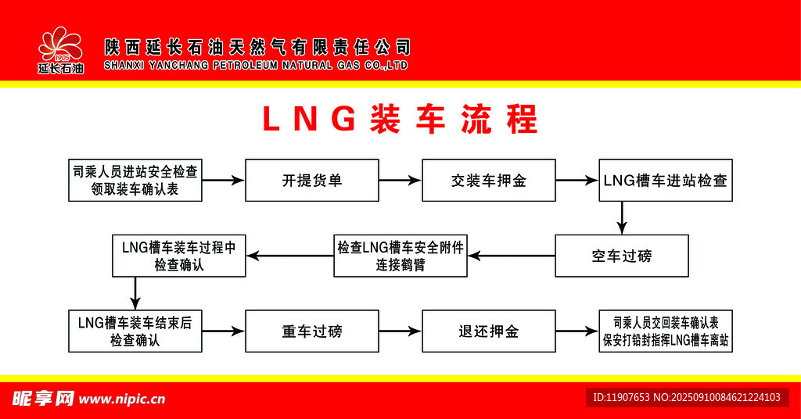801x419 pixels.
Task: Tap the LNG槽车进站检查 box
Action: click(x=666, y=181)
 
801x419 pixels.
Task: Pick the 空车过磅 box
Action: click(x=622, y=256)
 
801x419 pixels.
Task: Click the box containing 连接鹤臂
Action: click(x=400, y=256)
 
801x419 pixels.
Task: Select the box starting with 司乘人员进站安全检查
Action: click(x=135, y=181)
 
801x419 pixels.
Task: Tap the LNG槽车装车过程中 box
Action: click(x=179, y=256)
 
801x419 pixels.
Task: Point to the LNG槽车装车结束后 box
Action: click(x=135, y=331)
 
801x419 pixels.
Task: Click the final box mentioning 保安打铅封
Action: click(x=666, y=331)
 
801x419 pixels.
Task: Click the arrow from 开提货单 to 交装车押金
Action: click(x=400, y=181)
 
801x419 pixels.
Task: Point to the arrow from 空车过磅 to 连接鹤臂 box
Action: click(x=512, y=256)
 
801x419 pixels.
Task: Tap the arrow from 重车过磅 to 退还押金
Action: click(x=400, y=331)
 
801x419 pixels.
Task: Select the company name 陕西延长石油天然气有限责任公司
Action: click(x=257, y=48)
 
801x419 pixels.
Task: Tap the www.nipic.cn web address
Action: click(x=123, y=399)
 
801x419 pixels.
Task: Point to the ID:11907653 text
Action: click(x=622, y=398)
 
